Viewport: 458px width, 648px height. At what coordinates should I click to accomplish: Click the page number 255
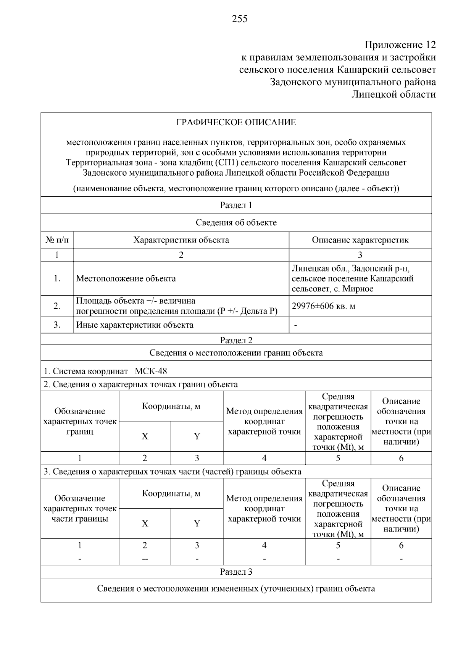[240, 19]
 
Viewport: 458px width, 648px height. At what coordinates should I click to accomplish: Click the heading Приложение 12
[400, 45]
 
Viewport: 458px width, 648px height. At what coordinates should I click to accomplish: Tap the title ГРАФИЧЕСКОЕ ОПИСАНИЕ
[236, 123]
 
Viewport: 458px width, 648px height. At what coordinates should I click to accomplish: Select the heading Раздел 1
[236, 205]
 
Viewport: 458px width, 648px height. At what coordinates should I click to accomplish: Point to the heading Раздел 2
[236, 340]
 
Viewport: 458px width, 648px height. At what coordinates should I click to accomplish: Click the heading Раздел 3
[236, 572]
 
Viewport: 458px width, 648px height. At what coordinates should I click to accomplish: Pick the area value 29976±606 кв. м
[323, 306]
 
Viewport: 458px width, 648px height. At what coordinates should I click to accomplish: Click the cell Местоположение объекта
[126, 278]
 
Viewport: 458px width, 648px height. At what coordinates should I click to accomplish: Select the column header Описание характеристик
[360, 240]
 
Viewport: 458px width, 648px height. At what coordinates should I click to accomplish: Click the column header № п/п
[57, 240]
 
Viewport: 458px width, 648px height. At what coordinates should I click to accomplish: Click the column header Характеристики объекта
[181, 240]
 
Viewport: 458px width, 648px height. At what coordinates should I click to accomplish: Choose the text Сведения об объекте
[236, 223]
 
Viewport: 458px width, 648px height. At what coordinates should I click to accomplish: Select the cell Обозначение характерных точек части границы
[80, 509]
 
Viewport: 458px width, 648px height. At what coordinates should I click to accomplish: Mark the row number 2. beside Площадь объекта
[57, 306]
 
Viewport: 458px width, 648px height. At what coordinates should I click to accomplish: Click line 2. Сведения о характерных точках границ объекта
[140, 385]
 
